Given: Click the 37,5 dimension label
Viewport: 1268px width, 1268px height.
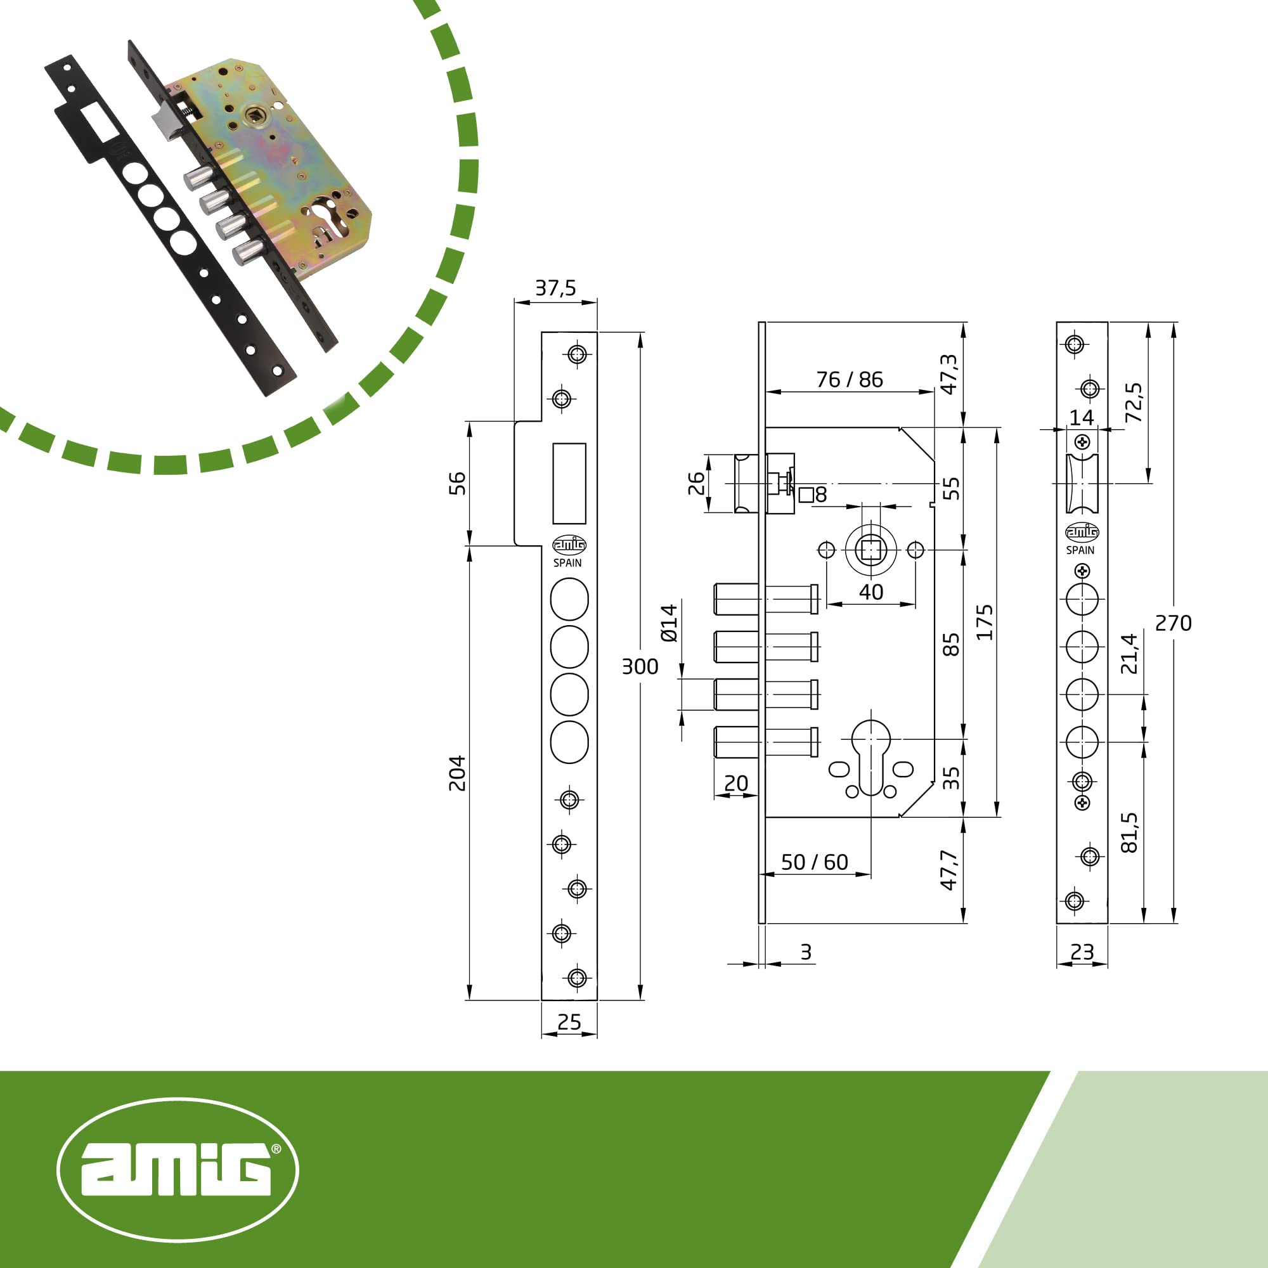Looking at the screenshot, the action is click(555, 288).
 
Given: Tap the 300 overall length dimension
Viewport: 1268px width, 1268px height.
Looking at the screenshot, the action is click(640, 667).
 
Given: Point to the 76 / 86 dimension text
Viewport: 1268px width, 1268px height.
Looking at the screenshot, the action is click(850, 379).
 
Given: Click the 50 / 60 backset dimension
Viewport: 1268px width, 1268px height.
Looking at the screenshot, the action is click(815, 862).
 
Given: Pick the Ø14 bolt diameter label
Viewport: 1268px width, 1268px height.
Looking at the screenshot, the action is click(669, 623).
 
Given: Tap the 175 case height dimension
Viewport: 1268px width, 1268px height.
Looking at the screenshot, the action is click(984, 622).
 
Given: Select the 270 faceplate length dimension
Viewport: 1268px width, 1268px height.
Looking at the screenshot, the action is click(1173, 623).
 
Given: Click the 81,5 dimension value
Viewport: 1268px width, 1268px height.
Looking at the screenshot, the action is click(1129, 832).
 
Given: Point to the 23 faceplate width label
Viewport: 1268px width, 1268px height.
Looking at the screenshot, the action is click(1082, 952).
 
